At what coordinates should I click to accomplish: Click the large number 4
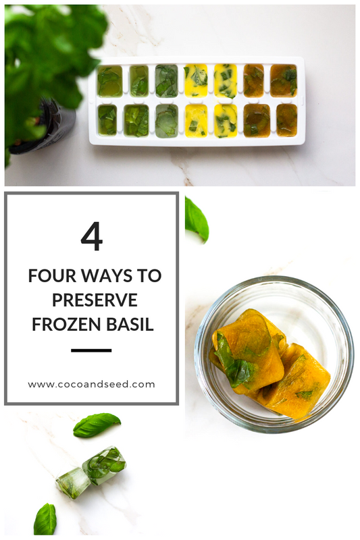coord(91,237)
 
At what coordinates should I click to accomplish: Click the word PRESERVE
coord(91,300)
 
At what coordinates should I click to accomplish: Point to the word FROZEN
coord(64,324)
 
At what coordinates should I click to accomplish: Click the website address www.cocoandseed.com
coord(91,384)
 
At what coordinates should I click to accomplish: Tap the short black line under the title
coord(91,350)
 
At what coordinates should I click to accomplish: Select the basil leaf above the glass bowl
coord(197,219)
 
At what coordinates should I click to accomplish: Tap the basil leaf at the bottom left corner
coord(45,519)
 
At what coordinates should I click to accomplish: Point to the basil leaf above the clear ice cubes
coord(97,425)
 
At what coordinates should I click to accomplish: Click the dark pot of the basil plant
coord(53,128)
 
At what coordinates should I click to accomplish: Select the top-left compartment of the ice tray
coord(109,81)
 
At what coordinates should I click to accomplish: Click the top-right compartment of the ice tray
coord(284,80)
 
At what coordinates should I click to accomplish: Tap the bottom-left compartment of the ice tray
coord(107,119)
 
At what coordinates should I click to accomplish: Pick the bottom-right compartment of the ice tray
coord(286,119)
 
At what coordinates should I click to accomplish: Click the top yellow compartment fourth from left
coord(196,80)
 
